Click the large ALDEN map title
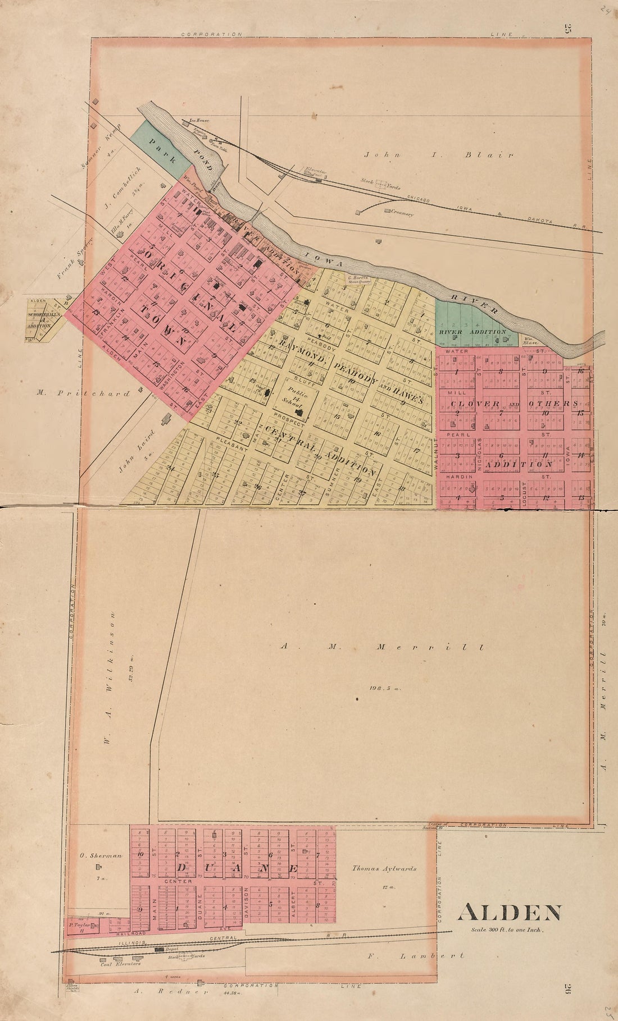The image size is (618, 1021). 509,913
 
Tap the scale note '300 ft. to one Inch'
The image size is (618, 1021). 508,930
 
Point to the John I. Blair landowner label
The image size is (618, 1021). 438,155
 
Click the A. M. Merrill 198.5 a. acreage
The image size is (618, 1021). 384,687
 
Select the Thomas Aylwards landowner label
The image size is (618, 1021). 384,868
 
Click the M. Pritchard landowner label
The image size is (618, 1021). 83,393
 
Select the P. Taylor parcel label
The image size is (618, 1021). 79,924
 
